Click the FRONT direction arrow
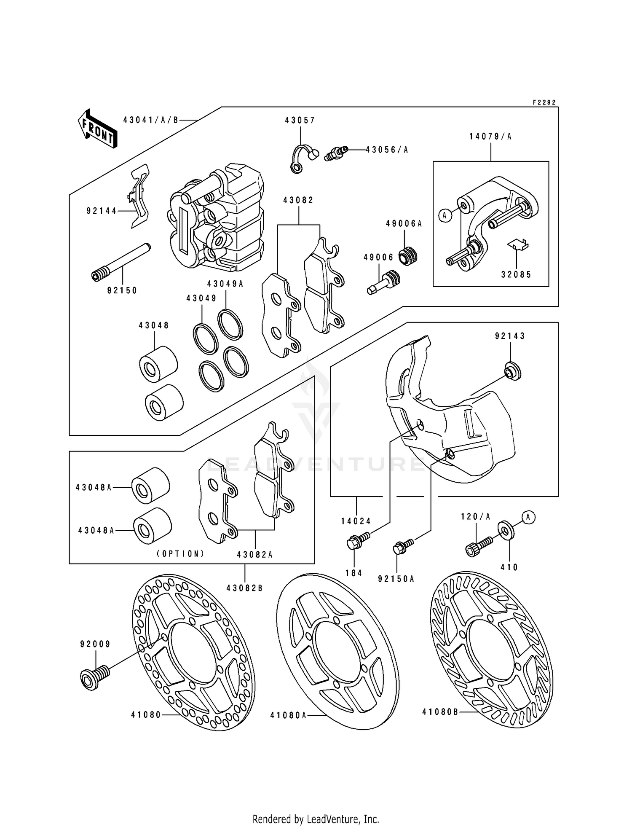pos(97,129)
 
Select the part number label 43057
pos(300,121)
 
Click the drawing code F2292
pos(544,102)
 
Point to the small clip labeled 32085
pos(518,245)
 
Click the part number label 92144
pos(102,211)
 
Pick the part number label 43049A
pos(225,284)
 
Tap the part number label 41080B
pos(440,712)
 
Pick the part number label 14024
pos(356,521)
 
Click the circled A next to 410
pos(528,517)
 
